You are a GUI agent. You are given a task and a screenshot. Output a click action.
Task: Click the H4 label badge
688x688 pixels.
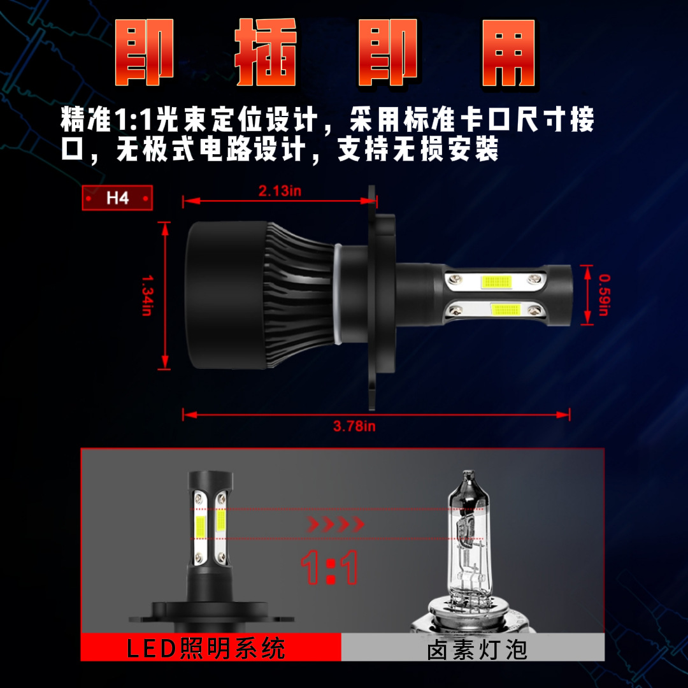(118, 197)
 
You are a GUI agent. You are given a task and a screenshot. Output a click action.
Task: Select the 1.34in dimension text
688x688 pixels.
(147, 295)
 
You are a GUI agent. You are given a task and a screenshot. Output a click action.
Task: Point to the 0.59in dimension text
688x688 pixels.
(604, 294)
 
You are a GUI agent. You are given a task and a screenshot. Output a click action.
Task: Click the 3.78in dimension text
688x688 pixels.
(354, 426)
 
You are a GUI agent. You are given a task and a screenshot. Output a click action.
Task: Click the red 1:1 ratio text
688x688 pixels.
(329, 567)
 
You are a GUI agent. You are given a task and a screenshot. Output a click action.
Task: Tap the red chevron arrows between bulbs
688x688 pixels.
(336, 525)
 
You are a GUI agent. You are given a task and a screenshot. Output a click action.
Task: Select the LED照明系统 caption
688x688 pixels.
(206, 649)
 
